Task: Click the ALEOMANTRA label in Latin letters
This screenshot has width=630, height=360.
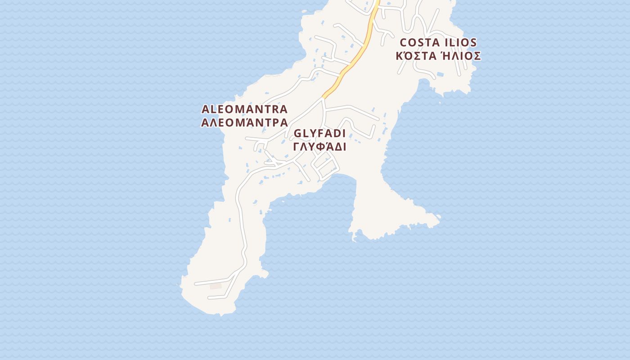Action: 244,109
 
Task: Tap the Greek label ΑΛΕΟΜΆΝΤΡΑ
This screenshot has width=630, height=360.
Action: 244,122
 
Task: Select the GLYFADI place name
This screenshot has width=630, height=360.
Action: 319,134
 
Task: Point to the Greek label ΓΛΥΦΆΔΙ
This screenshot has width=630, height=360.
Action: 319,147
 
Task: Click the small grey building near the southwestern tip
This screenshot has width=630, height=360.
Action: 216,286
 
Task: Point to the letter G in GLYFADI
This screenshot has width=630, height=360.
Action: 297,134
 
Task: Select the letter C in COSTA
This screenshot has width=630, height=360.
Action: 404,43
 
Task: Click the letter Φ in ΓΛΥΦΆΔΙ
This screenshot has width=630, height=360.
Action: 320,147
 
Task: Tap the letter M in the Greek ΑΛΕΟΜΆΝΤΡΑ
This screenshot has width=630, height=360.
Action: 238,122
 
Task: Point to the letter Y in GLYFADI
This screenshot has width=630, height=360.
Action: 314,134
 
